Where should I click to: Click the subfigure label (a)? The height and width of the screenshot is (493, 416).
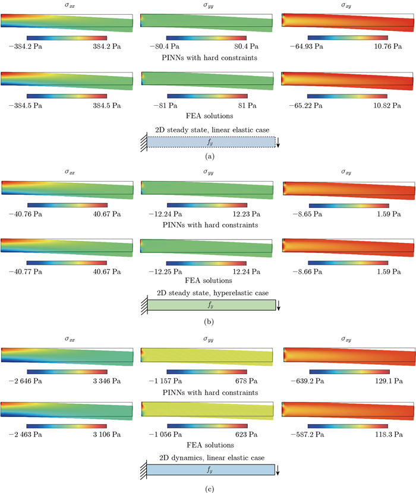pos(209,156)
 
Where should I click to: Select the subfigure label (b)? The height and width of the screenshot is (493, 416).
pos(209,322)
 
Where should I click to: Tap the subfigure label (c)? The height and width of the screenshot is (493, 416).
pos(209,488)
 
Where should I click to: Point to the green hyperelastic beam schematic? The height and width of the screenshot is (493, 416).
pos(212,305)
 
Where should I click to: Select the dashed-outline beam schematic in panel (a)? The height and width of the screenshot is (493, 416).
pos(212,141)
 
